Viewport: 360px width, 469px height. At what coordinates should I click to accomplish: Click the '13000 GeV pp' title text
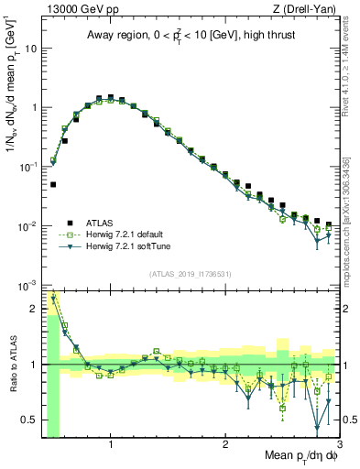tap(76, 9)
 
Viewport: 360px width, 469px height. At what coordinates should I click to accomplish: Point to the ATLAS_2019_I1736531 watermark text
tap(191, 274)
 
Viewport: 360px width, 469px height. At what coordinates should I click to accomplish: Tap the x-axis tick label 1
tap(111, 445)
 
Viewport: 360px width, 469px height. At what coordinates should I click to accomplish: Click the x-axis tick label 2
tap(225, 445)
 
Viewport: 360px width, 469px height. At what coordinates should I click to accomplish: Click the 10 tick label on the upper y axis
tap(30, 48)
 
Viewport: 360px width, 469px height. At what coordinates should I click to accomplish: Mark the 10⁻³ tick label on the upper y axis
tap(27, 285)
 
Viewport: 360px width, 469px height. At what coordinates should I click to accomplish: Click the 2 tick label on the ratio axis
tap(33, 309)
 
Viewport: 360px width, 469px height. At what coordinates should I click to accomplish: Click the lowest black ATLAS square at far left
tap(53, 184)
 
